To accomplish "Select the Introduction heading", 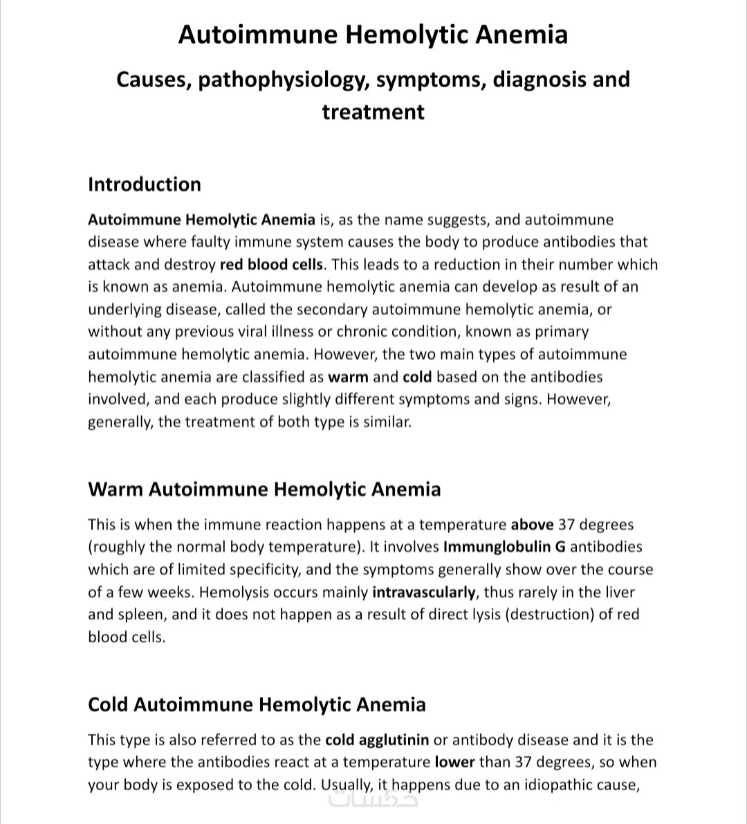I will [145, 185].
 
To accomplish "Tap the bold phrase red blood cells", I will [271, 265].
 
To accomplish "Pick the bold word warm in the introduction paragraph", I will [348, 377].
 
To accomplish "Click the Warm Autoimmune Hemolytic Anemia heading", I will [264, 489].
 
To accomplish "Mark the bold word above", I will [532, 525].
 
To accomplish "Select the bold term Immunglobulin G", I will [504, 547].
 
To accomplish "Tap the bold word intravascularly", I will [424, 592].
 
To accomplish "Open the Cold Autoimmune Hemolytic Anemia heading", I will [257, 705].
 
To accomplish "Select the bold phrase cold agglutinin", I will [377, 740].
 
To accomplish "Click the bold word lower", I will [454, 763].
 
